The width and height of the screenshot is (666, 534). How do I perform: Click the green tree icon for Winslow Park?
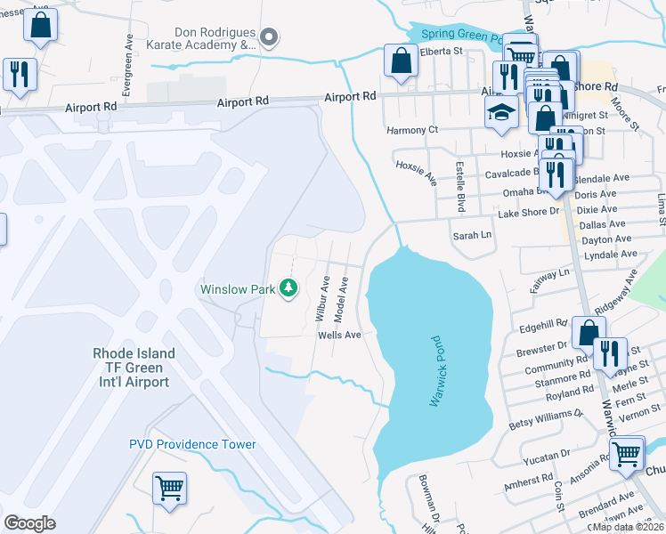pos(288,287)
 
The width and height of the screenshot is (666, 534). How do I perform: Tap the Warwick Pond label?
pos(436,372)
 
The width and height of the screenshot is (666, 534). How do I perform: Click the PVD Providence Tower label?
pos(192,444)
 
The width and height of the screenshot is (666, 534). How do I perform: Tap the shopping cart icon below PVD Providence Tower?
pos(169,487)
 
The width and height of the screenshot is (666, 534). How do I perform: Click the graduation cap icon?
pos(501,113)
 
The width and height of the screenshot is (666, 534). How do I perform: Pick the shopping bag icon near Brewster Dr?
pos(589,332)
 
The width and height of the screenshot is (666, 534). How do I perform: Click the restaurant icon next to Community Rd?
pos(610,352)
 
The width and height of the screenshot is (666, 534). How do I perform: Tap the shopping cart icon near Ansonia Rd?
pos(626,452)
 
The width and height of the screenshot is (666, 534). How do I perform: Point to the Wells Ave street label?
pos(339,335)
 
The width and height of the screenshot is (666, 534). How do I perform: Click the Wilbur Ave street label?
pos(322,298)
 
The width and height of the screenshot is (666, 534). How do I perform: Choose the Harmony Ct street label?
pos(412,130)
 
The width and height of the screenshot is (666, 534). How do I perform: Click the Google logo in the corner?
pos(29,523)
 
